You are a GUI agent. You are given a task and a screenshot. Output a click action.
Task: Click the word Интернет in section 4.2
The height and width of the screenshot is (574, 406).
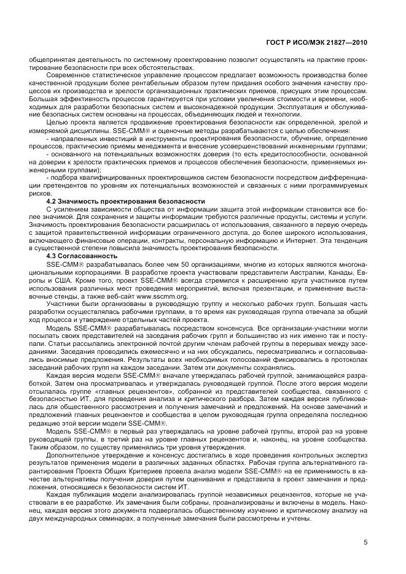click(x=319, y=241)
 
